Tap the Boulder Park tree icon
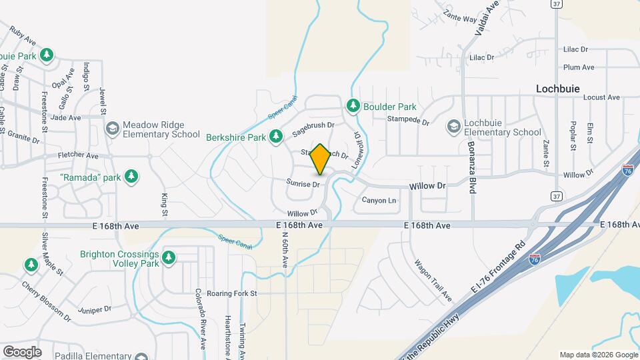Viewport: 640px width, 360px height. [353, 106]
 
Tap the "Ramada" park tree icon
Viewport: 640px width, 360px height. [132, 176]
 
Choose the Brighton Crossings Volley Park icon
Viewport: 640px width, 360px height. [169, 258]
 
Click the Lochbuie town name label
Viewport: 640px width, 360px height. [558, 88]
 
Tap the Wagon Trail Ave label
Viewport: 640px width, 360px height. [433, 279]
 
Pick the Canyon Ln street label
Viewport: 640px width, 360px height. [379, 200]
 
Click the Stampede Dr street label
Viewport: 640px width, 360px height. [409, 121]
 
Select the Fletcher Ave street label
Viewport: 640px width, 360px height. [78, 155]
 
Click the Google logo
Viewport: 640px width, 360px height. [22, 351]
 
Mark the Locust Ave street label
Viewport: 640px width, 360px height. [601, 97]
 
